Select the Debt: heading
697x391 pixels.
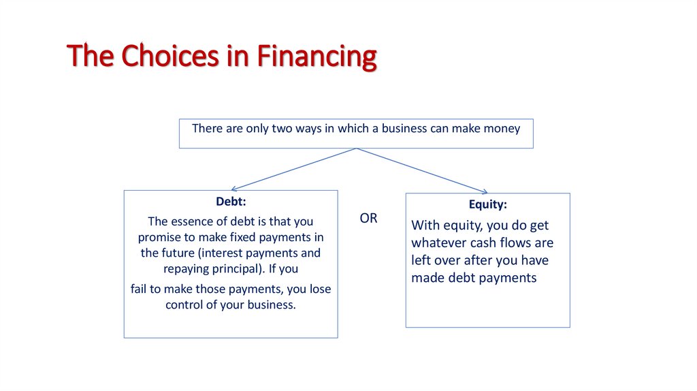pos(231,202)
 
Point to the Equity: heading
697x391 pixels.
pos(487,204)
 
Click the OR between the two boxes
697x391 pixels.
pos(368,219)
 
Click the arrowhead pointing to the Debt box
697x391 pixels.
pos(234,189)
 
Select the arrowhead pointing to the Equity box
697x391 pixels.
pos(485,192)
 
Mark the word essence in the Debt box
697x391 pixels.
pos(193,221)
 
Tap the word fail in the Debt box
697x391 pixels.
pos(140,289)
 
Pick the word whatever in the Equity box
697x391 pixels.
pos(439,243)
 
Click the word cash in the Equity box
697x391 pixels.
pos(485,243)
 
